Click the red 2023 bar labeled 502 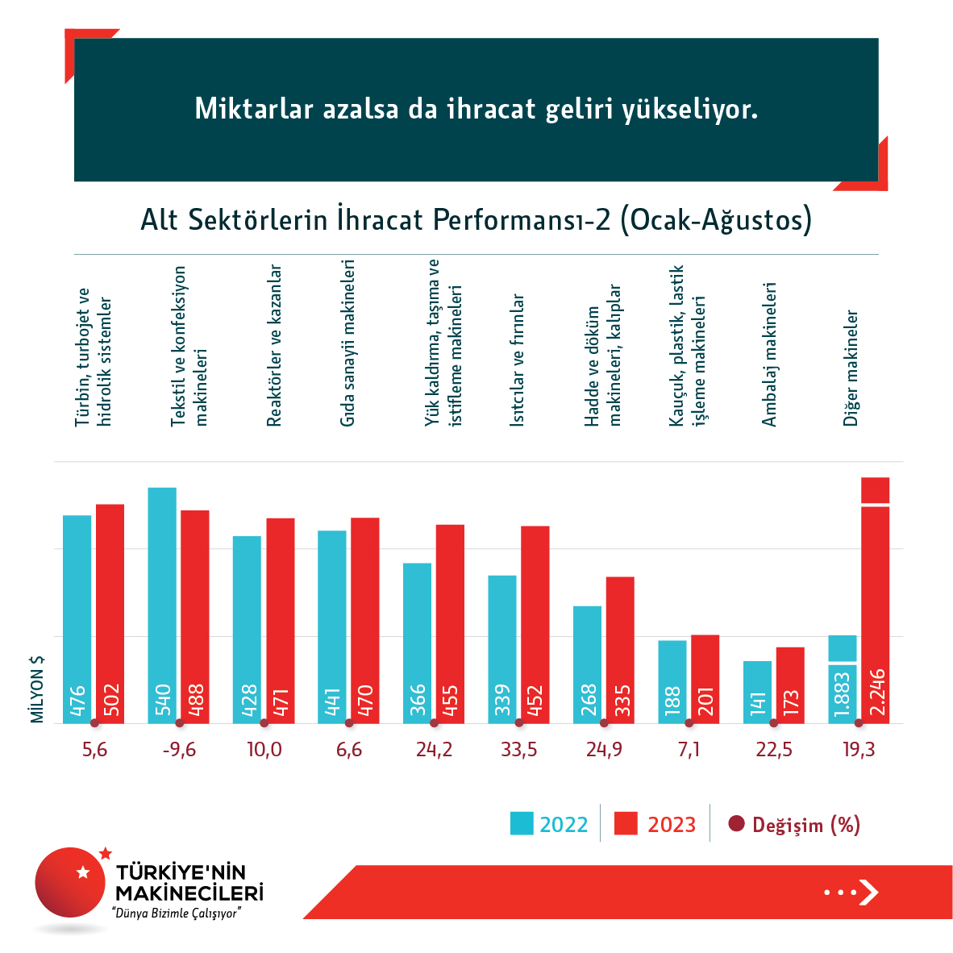(110, 613)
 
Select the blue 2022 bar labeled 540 (162, 605)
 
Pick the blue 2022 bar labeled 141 (758, 692)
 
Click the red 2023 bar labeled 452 (535, 624)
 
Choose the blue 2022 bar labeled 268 (588, 664)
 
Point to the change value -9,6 (179, 750)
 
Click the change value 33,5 (519, 750)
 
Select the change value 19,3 (859, 750)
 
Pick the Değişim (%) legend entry (794, 825)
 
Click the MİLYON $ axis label (37, 689)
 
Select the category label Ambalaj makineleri (769, 355)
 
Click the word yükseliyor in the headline (689, 109)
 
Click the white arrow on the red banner (868, 892)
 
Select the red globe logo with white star (71, 882)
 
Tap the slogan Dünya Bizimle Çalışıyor (177, 913)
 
